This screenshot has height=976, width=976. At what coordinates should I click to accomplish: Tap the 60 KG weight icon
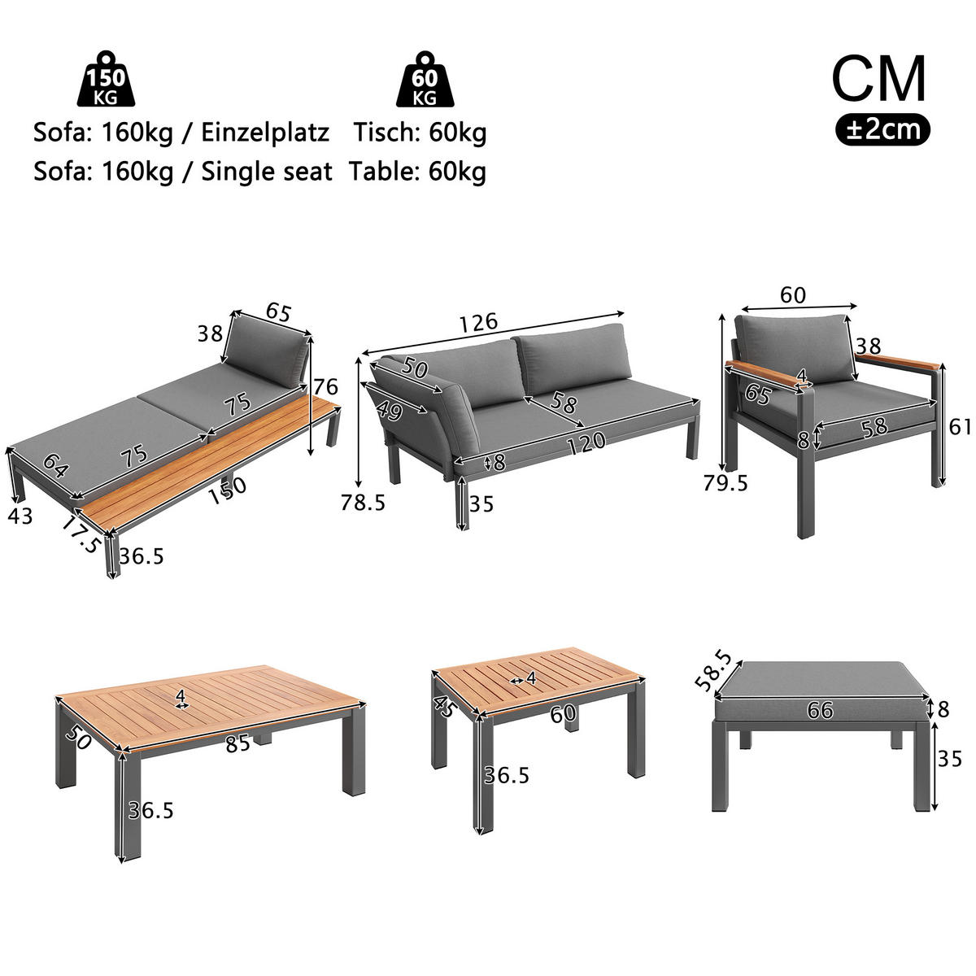[425, 81]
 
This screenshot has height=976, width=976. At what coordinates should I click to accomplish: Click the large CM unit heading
[878, 78]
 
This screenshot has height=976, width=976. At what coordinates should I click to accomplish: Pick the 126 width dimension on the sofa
[478, 321]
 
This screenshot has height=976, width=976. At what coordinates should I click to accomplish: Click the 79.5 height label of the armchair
[725, 482]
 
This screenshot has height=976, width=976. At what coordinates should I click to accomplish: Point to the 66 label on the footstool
[821, 710]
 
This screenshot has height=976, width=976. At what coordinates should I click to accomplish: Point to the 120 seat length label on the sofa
[586, 442]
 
